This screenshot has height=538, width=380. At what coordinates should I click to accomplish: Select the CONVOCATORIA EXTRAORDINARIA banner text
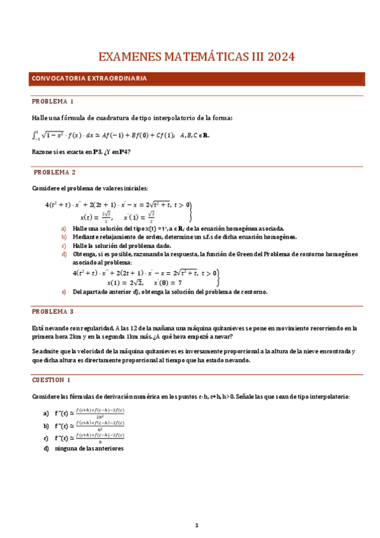89,79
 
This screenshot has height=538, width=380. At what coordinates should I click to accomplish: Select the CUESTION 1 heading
51,379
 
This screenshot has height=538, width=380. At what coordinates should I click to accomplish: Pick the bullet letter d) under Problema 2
63,254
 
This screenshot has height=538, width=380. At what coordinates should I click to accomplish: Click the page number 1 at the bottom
197,525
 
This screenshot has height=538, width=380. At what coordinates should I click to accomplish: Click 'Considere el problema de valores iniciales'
89,188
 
